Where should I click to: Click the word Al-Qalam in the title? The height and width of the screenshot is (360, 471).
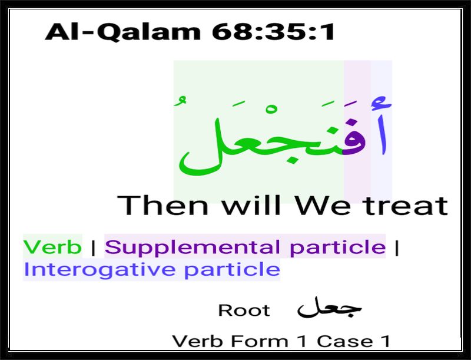[x=122, y=32]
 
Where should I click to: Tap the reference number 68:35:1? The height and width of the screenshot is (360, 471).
[x=273, y=31]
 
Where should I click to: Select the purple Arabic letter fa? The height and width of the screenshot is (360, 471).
[x=354, y=138]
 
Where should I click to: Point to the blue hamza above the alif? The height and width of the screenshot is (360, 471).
[x=382, y=103]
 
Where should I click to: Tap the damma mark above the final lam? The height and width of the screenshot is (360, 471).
[x=180, y=100]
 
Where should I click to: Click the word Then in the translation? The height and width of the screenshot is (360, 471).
[x=162, y=205]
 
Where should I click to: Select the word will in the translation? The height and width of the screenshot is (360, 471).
[x=251, y=205]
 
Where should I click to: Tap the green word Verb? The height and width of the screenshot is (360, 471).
[x=52, y=247]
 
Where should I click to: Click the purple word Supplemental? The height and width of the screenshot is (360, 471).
[x=193, y=247]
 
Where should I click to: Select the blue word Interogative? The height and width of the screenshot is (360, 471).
[x=99, y=269]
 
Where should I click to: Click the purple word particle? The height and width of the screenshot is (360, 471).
[x=337, y=247]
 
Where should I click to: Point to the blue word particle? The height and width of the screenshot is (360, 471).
[x=232, y=269]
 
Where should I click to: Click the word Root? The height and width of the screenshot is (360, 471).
[x=244, y=310]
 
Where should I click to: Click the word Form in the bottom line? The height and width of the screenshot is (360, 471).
[x=260, y=341]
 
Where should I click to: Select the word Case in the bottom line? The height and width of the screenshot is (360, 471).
[x=345, y=341]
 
